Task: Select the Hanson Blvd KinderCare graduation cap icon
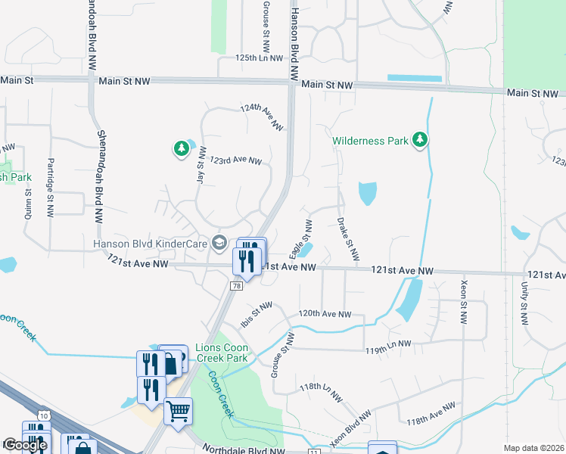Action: click(x=219, y=242)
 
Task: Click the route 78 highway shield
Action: click(x=238, y=286)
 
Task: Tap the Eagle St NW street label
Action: click(x=307, y=238)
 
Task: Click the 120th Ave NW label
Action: click(x=325, y=313)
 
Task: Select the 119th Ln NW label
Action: click(x=387, y=344)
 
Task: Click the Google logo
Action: click(x=24, y=445)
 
